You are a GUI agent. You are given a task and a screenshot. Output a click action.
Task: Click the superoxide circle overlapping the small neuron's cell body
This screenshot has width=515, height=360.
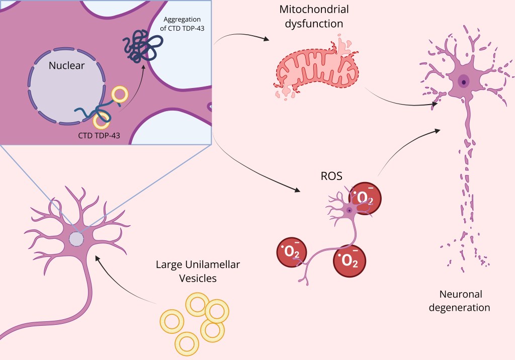tap(363, 198)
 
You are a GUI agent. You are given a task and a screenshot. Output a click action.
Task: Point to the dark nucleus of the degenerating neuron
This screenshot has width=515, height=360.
tap(463, 80)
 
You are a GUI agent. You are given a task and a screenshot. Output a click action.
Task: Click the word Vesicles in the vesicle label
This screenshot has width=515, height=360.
tap(186, 278)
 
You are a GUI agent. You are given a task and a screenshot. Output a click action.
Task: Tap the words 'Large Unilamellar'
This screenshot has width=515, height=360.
tap(187, 264)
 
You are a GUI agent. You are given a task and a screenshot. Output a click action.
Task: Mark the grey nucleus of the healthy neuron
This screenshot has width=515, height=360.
tap(76, 239)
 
